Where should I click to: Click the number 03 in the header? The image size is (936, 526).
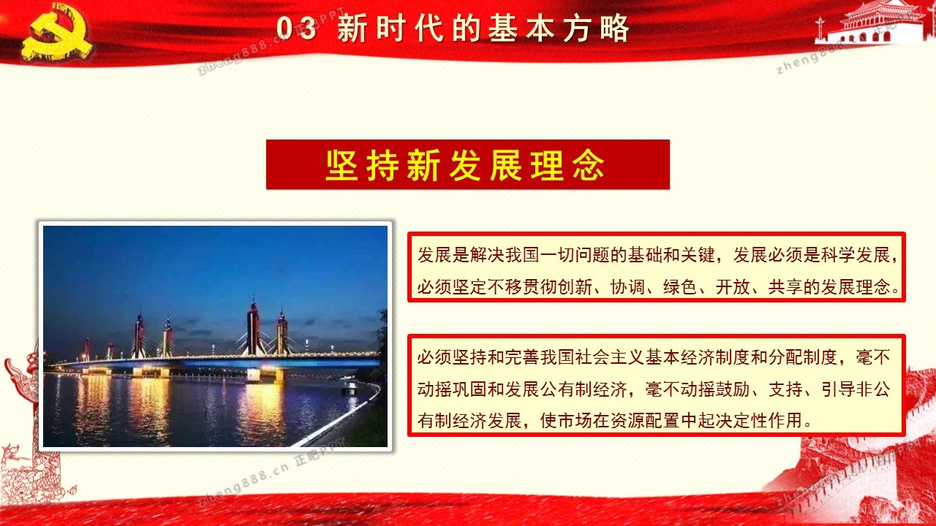[x=296, y=28]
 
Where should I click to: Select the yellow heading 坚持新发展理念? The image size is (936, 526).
[x=464, y=165]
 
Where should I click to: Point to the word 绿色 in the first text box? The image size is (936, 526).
[x=680, y=287]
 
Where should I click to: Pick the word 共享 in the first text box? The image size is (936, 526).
[x=785, y=287]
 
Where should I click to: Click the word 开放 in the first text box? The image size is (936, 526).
[x=733, y=287]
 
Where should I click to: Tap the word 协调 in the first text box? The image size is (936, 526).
[x=627, y=287]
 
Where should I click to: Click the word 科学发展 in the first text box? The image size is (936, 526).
[x=856, y=255]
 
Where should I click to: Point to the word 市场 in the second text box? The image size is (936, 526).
[x=575, y=421]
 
